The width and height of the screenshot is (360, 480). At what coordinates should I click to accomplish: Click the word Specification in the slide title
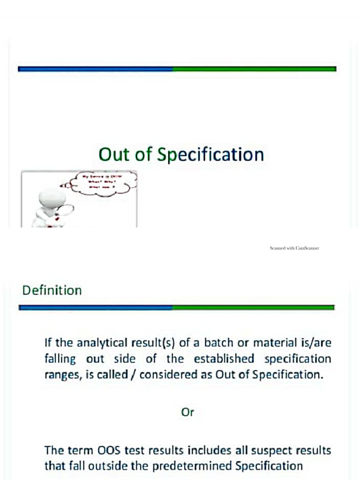click(x=210, y=155)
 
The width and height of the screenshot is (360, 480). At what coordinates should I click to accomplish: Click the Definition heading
click(x=52, y=290)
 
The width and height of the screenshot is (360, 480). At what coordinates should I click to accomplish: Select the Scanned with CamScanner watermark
click(x=294, y=248)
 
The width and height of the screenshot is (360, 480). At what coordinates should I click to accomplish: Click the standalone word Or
click(x=187, y=412)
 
